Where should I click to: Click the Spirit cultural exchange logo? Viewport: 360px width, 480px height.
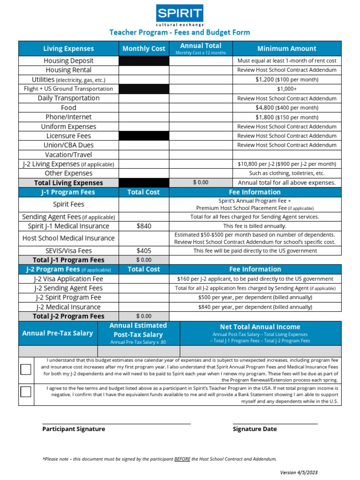(180, 15)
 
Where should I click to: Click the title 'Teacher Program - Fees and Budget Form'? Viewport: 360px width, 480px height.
(180, 32)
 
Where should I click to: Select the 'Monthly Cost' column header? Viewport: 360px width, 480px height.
(143, 49)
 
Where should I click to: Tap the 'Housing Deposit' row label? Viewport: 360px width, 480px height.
(68, 60)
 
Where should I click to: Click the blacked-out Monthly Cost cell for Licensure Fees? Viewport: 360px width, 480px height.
(143, 136)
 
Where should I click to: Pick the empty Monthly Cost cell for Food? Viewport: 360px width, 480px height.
(143, 108)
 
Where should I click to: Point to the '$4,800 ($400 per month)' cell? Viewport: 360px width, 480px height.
(287, 108)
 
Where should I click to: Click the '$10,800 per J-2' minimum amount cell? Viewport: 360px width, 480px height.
(287, 164)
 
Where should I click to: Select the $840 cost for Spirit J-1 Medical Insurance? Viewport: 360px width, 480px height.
(143, 226)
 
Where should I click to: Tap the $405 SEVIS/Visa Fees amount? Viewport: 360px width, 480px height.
(143, 251)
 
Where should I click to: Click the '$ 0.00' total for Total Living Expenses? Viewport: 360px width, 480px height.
(201, 182)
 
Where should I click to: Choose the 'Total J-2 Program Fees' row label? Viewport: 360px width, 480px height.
(68, 316)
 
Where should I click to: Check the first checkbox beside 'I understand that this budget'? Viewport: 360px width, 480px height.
(26, 369)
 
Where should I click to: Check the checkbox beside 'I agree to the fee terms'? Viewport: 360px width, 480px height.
(26, 392)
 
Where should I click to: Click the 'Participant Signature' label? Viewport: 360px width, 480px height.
(74, 429)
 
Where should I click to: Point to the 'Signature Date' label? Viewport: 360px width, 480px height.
(255, 429)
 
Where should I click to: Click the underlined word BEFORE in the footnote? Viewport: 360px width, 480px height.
(182, 459)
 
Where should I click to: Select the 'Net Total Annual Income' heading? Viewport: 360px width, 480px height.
(260, 327)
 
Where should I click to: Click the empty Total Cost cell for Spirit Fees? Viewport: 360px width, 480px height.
(143, 204)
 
